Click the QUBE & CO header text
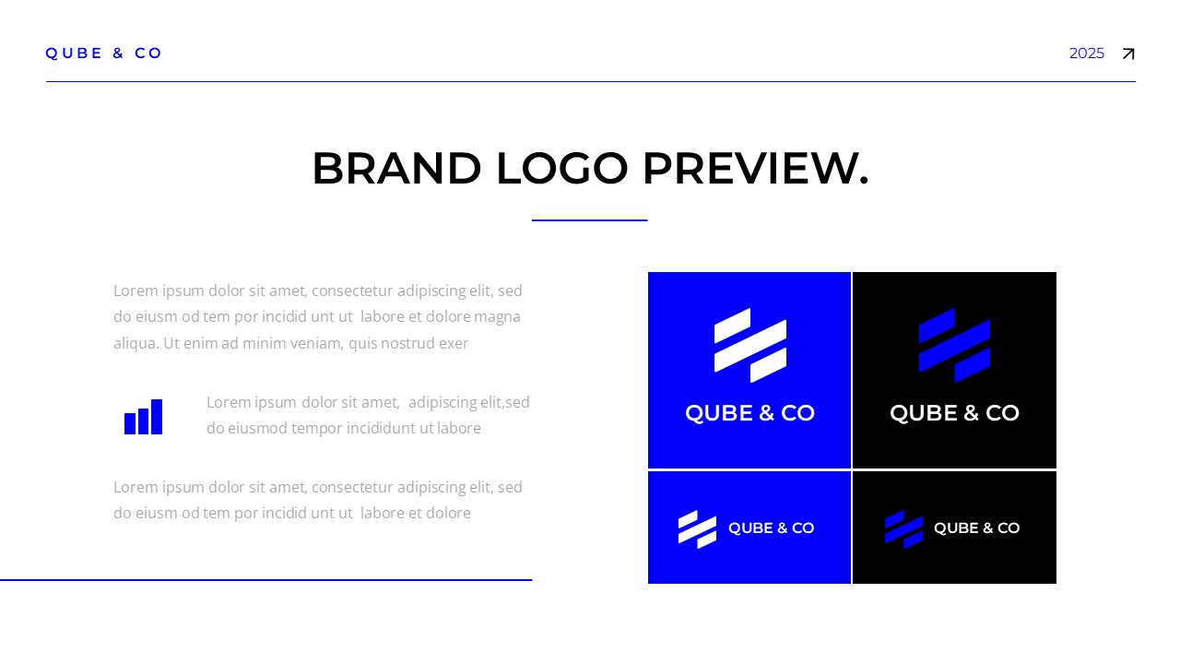click(x=104, y=53)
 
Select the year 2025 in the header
click(x=1086, y=53)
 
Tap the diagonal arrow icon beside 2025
click(x=1127, y=54)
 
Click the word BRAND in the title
click(x=396, y=169)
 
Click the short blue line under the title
click(x=589, y=220)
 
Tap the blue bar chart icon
click(x=143, y=417)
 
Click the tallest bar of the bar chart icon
click(x=157, y=417)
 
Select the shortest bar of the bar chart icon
click(x=130, y=423)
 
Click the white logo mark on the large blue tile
click(x=749, y=345)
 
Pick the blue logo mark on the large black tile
click(x=954, y=345)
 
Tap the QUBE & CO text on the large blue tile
click(x=749, y=413)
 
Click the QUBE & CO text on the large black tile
click(x=954, y=413)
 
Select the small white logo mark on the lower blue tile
click(x=697, y=528)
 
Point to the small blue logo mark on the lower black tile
click(x=903, y=528)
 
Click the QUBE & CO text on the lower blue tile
click(x=771, y=528)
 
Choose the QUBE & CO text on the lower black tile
click(x=976, y=528)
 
